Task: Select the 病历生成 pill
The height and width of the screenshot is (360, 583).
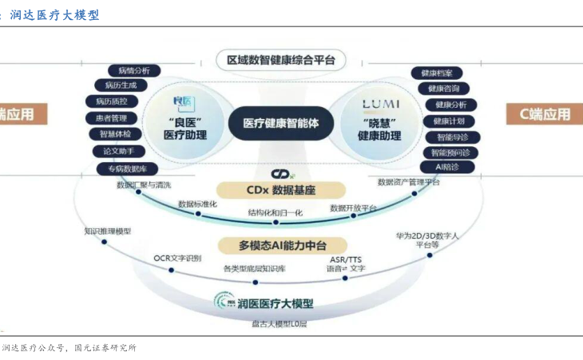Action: [121, 85]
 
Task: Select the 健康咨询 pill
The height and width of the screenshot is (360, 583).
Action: [444, 89]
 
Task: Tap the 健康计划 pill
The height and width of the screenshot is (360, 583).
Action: [449, 121]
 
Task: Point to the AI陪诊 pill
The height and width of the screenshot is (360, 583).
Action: [448, 167]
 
